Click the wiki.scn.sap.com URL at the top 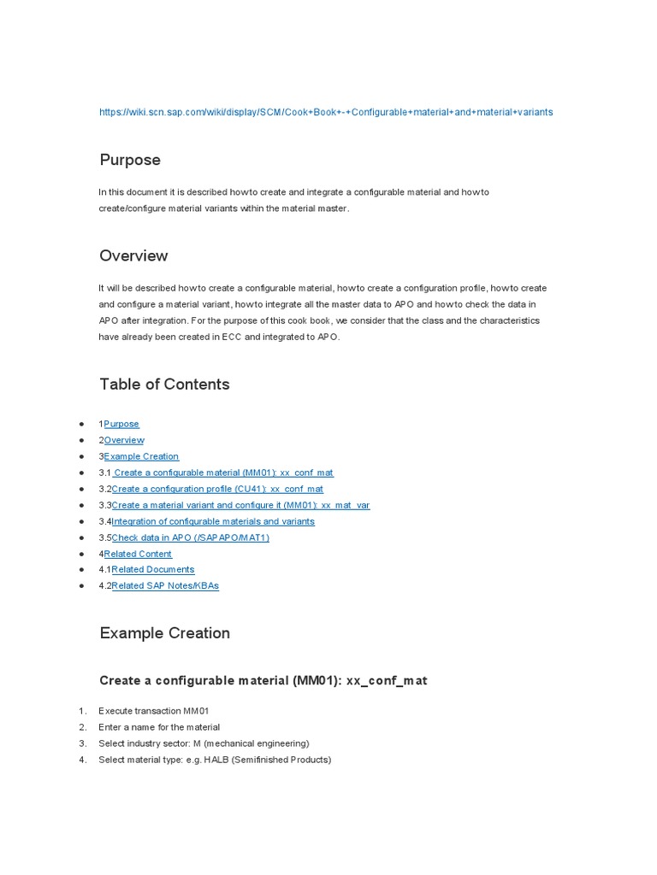(x=326, y=112)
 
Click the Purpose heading (x=130, y=160)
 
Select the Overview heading (x=133, y=255)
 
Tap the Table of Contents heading (x=164, y=384)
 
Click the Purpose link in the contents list (x=121, y=424)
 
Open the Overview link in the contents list (x=124, y=440)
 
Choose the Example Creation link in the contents (x=141, y=456)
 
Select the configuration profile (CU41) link (x=217, y=489)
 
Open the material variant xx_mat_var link (x=240, y=505)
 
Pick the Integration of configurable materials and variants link (x=213, y=521)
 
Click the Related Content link (x=138, y=554)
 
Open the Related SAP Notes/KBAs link (x=165, y=585)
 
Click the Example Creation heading (x=164, y=633)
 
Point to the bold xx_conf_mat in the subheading (x=386, y=681)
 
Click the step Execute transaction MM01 (x=154, y=711)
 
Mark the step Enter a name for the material (x=159, y=727)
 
